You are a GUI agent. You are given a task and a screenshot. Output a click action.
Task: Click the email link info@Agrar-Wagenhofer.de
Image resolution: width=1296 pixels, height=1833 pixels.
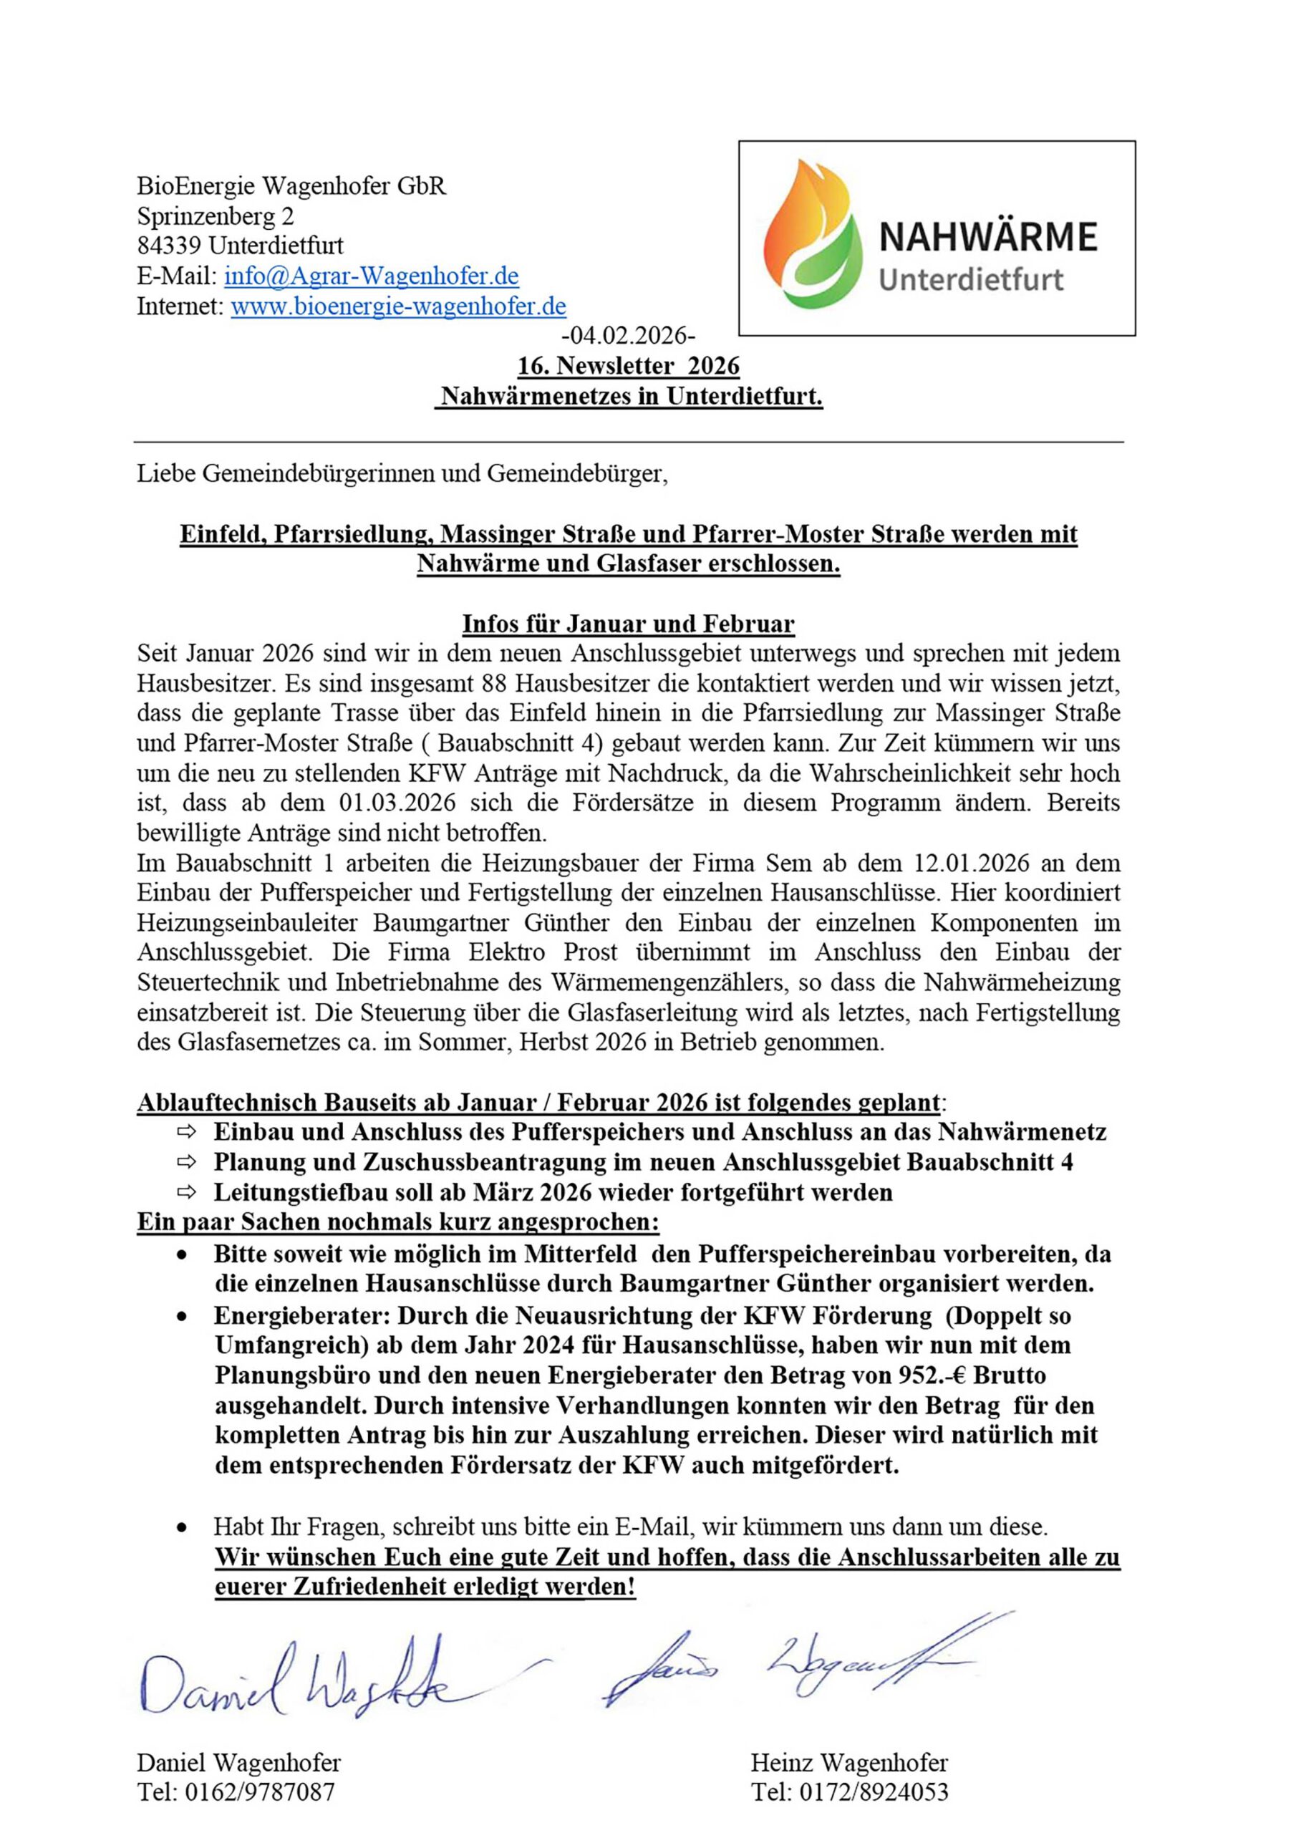(x=372, y=276)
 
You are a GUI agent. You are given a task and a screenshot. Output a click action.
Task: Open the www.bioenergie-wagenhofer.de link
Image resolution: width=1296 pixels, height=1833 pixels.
(x=398, y=306)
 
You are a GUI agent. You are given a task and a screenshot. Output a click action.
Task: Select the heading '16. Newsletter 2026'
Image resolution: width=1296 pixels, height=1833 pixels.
(x=629, y=366)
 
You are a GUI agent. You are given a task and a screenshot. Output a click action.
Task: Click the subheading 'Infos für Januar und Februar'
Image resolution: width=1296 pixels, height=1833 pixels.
(x=629, y=624)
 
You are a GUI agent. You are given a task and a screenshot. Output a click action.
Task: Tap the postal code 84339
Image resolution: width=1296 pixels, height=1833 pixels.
(x=169, y=246)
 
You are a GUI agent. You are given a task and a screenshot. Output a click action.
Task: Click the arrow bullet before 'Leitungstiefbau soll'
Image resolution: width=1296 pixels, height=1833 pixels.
(x=186, y=1193)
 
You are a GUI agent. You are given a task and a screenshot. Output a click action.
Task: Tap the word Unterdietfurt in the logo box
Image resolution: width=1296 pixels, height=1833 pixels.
(x=970, y=279)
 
